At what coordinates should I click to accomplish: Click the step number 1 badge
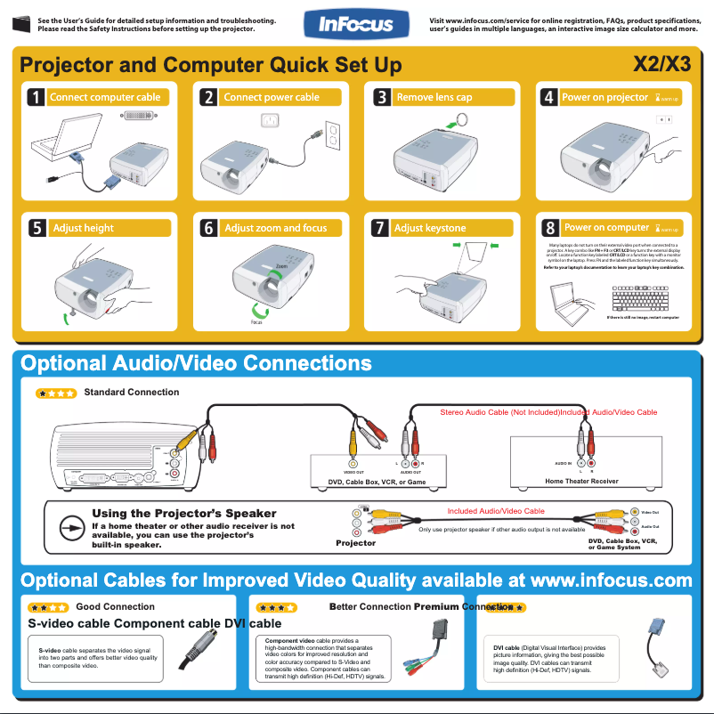35,98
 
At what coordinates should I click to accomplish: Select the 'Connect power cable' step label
272,97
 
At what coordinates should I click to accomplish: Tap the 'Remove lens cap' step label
434,97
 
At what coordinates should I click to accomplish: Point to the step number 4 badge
549,97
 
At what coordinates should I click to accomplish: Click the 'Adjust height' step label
84,228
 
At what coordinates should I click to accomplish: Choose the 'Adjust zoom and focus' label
276,228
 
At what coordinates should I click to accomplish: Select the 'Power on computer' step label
607,228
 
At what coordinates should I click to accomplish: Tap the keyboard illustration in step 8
640,297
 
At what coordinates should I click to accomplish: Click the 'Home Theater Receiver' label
581,481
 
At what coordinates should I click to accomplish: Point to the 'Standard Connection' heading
131,392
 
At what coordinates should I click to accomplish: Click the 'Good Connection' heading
115,607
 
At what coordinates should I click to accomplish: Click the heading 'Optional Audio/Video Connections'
196,363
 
